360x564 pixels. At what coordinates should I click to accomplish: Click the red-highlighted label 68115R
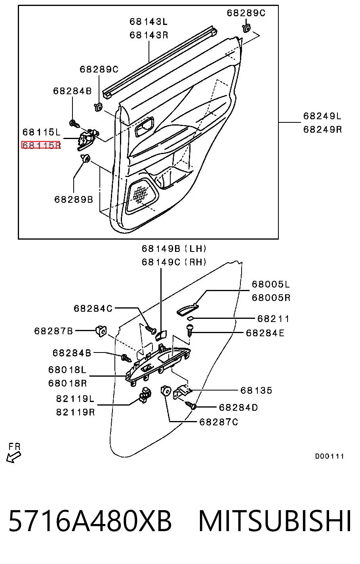click(x=41, y=145)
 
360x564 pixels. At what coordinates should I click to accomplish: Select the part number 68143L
click(x=149, y=22)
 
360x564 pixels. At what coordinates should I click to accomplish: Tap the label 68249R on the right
click(x=322, y=130)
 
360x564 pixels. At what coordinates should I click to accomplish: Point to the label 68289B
click(x=74, y=199)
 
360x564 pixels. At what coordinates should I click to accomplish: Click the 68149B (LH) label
click(x=174, y=249)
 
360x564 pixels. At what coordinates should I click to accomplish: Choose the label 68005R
click(x=271, y=297)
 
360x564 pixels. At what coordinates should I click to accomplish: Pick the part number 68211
click(x=273, y=319)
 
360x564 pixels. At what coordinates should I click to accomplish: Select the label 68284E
click(x=265, y=333)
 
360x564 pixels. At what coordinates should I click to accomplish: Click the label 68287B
click(x=53, y=331)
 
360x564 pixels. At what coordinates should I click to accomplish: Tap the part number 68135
click(x=256, y=390)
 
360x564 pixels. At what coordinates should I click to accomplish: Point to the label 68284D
click(x=238, y=407)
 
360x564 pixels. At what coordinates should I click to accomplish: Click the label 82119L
click(x=75, y=398)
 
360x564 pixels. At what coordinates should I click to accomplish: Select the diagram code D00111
click(x=330, y=456)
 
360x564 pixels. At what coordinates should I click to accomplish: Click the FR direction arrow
click(x=13, y=457)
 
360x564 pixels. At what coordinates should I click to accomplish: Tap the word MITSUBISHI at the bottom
click(x=275, y=521)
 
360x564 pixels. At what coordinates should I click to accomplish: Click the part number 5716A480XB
click(x=90, y=521)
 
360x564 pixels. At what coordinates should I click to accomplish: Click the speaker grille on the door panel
click(x=141, y=195)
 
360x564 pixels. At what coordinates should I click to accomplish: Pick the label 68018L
click(x=67, y=370)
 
